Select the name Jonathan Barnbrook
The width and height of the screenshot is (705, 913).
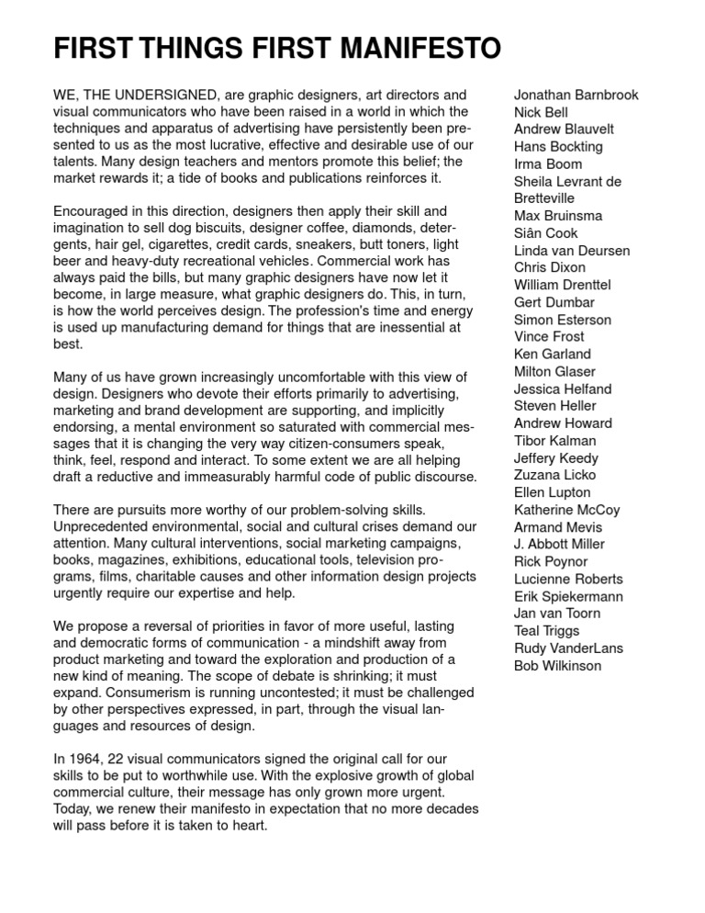coord(576,96)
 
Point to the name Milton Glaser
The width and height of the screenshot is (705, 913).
coord(554,371)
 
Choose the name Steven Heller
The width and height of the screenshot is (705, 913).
coord(554,406)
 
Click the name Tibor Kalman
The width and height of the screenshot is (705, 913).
coord(554,441)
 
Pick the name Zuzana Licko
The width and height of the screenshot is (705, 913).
coord(554,475)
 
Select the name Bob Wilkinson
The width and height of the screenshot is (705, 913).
coord(557,665)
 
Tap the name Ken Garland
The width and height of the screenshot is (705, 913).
coord(553,355)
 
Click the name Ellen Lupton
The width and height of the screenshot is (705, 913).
coord(553,492)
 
